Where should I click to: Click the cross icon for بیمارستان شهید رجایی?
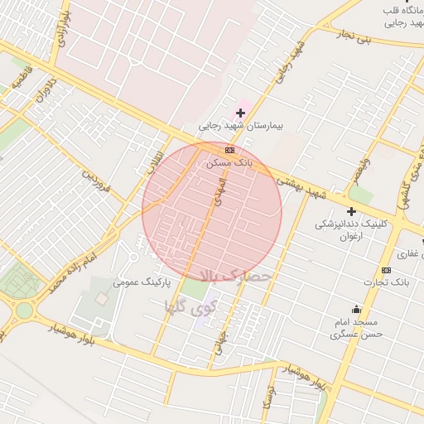pos(241,113)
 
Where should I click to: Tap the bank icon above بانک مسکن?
pos(229,150)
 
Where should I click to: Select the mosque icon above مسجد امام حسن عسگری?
pos(356,308)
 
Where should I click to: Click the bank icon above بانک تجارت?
pos(386,270)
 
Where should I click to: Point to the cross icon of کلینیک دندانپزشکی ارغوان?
pos(351,212)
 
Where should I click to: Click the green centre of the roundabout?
pos(22,311)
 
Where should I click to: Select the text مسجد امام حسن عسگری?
pos(354,328)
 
